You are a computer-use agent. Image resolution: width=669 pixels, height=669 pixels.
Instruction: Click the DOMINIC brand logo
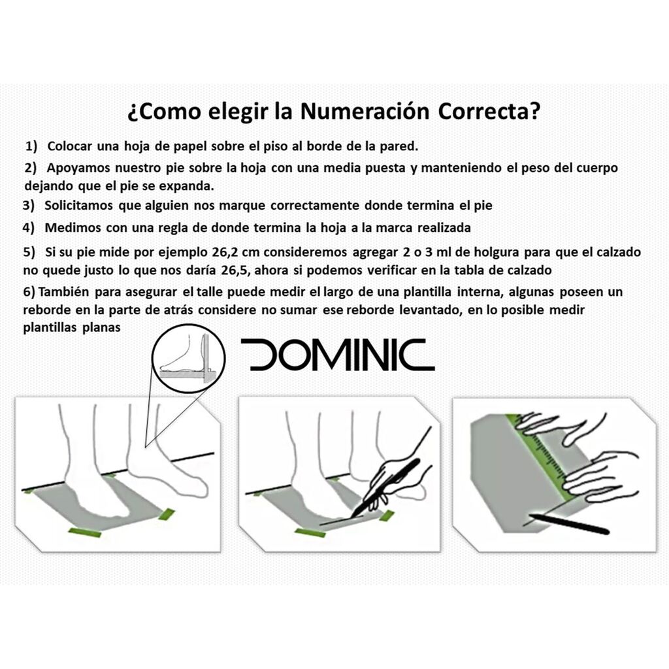(x=338, y=355)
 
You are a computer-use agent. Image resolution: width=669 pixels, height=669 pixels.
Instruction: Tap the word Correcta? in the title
(x=489, y=111)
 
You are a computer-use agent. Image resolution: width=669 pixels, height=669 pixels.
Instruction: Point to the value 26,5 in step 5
(x=235, y=270)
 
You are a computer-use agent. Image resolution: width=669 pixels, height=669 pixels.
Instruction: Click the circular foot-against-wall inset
(x=189, y=359)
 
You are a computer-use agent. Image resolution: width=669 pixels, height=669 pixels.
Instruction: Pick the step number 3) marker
(x=29, y=206)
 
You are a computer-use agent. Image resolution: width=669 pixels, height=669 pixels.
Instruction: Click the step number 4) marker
(x=29, y=228)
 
